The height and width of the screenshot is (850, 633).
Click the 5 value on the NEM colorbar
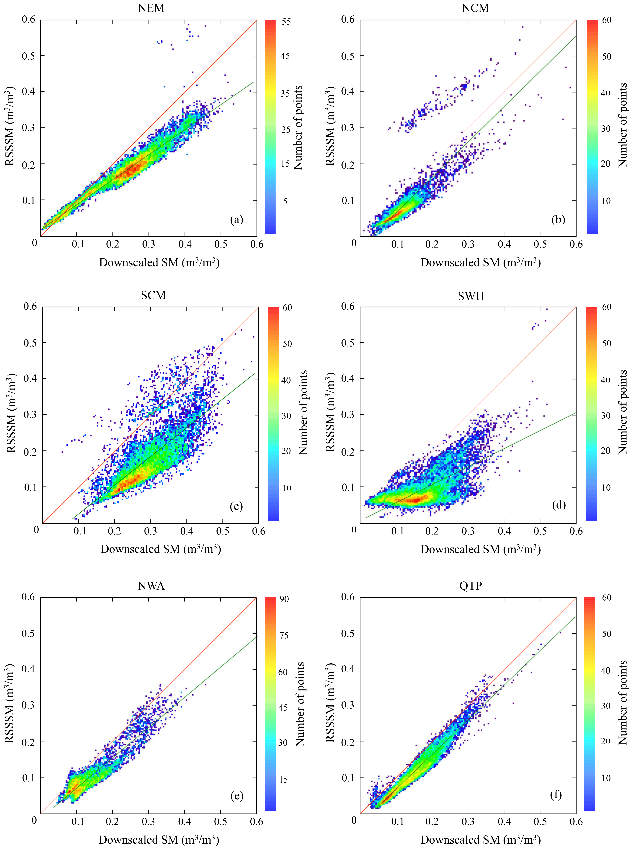(285, 201)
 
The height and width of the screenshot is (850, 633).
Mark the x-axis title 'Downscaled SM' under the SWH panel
(480, 549)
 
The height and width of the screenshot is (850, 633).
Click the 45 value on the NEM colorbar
(285, 56)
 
